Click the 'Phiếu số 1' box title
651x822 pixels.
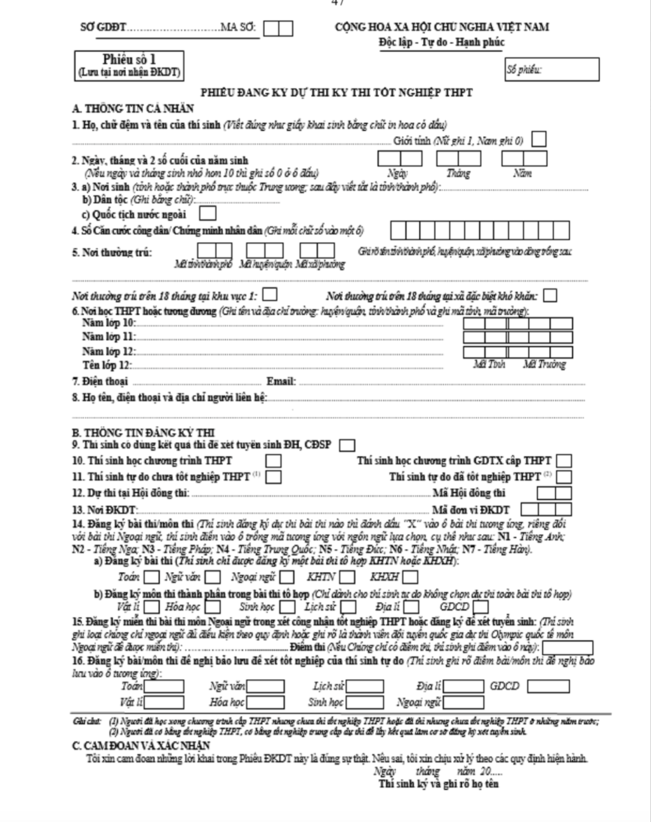[128, 60]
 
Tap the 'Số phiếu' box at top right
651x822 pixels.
[551, 69]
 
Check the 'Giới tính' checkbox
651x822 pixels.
[539, 140]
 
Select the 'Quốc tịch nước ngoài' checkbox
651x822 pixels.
[208, 213]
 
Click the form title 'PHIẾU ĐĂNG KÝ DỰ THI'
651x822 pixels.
[336, 92]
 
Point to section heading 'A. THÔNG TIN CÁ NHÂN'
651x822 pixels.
[133, 109]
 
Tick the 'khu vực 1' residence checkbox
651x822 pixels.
[270, 294]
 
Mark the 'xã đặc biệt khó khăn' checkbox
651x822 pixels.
[550, 295]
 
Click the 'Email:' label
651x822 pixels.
[281, 381]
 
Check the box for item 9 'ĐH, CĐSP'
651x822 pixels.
[347, 445]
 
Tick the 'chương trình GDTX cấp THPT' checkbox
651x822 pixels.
[564, 461]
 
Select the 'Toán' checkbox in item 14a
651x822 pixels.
[152, 578]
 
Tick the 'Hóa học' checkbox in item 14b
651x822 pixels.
[213, 606]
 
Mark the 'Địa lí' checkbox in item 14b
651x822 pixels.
[411, 606]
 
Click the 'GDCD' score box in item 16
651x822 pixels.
[548, 686]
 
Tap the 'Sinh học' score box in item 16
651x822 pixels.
[365, 702]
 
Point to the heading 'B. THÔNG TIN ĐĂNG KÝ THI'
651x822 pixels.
[143, 432]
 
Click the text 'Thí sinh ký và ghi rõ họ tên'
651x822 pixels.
[438, 784]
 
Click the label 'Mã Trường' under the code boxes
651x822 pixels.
[544, 364]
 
